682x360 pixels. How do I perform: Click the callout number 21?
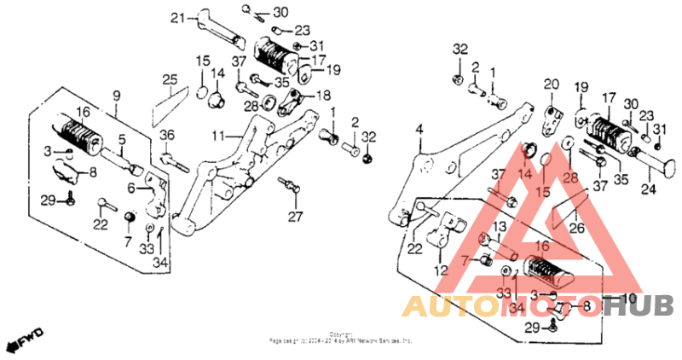(177, 18)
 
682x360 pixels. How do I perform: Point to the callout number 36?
(167, 134)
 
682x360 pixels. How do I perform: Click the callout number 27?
(295, 216)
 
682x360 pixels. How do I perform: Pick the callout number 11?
(218, 136)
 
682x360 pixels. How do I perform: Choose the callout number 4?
(419, 129)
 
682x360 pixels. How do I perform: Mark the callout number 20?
(550, 84)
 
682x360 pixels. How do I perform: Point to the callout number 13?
(500, 226)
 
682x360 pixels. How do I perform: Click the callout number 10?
(632, 299)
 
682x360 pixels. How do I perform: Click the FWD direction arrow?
(26, 340)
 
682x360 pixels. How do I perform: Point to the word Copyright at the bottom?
(340, 334)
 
